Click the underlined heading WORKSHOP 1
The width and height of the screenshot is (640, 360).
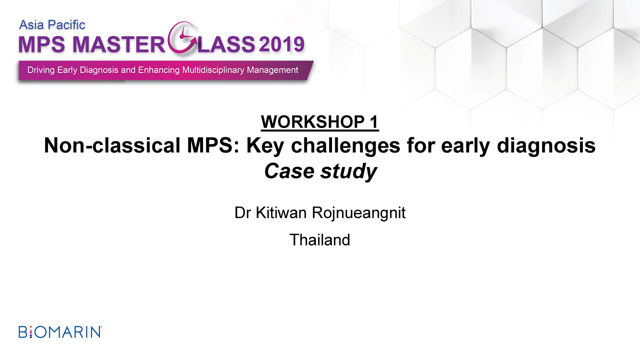[x=319, y=122]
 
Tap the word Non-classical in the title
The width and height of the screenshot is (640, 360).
[x=112, y=145]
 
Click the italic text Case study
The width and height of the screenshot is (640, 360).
[x=320, y=171]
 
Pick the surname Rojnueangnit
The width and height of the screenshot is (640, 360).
[x=358, y=213]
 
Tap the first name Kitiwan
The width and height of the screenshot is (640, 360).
[x=281, y=212]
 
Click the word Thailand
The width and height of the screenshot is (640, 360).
[x=319, y=239]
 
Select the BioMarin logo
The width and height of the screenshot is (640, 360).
[x=60, y=332]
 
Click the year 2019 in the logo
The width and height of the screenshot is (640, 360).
[x=281, y=44]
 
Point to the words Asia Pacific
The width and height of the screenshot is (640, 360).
[x=52, y=25]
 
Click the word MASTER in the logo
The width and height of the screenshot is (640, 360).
[x=119, y=44]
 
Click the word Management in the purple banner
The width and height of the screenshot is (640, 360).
[x=272, y=70]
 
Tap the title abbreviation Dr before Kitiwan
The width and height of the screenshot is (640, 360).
[x=242, y=212]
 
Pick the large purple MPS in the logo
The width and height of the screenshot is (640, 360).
[x=41, y=44]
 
